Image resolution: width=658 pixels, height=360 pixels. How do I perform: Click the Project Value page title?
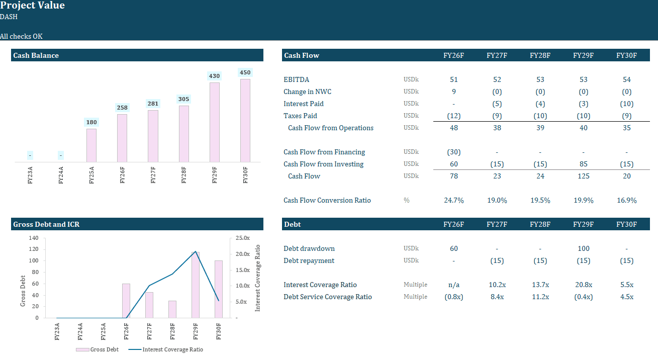33,6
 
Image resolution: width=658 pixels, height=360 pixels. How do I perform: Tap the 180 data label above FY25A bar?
91,122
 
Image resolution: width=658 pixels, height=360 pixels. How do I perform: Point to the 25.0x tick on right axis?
243,238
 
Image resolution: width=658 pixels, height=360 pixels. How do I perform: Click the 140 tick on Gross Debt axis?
34,238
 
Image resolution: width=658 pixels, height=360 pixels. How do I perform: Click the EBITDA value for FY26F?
453,79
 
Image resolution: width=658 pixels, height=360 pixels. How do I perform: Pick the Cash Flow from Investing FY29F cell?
583,164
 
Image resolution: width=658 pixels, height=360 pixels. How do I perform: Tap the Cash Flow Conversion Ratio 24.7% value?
453,200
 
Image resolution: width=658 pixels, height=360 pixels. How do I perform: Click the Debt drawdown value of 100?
583,248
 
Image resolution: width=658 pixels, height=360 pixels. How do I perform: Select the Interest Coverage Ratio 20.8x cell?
583,285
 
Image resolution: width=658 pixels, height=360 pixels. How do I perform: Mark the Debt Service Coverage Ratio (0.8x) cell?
453,297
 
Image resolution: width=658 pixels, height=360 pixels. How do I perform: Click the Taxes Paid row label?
300,116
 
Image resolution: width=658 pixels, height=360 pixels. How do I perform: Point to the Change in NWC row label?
307,92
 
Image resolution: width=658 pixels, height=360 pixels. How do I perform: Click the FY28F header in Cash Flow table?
540,55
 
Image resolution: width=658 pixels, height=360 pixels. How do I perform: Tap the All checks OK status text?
21,36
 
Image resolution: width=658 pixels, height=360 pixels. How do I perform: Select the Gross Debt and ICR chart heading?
46,224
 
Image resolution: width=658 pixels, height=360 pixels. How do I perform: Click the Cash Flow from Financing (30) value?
453,152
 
